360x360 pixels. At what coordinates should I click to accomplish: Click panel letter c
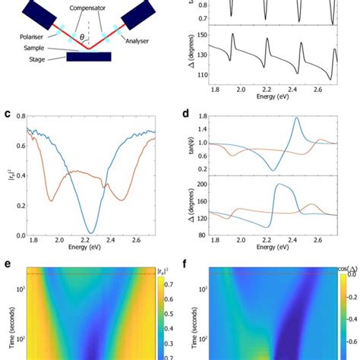(x=5, y=115)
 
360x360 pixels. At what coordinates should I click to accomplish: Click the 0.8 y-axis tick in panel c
(x=20, y=116)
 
